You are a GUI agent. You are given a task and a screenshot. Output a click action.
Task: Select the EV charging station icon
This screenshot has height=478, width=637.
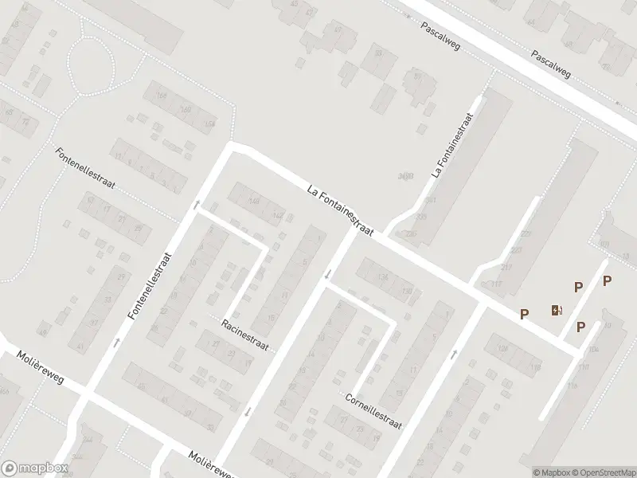(557, 310)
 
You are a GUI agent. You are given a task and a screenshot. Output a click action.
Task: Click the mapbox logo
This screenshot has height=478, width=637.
(34, 468)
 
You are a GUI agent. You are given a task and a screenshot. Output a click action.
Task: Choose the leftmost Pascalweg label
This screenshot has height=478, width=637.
(443, 32)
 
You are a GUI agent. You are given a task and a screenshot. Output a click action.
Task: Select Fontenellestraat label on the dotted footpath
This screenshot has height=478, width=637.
(86, 168)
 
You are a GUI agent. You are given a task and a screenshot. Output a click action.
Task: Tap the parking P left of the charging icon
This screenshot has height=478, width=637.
(524, 315)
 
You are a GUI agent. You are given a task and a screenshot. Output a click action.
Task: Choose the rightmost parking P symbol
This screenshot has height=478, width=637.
(607, 280)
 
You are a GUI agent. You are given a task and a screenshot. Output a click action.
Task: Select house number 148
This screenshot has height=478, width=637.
(254, 202)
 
